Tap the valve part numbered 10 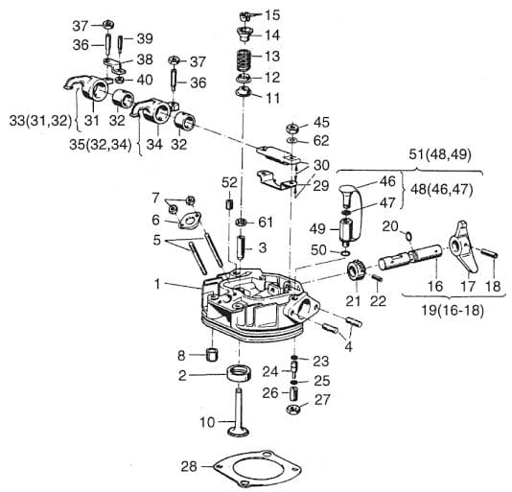(x=239, y=411)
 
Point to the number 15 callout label (x=272, y=15)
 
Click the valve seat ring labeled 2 (x=240, y=373)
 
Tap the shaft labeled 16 (x=410, y=257)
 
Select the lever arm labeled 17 (x=464, y=246)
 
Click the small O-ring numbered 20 (x=408, y=235)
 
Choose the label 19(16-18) (x=453, y=310)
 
